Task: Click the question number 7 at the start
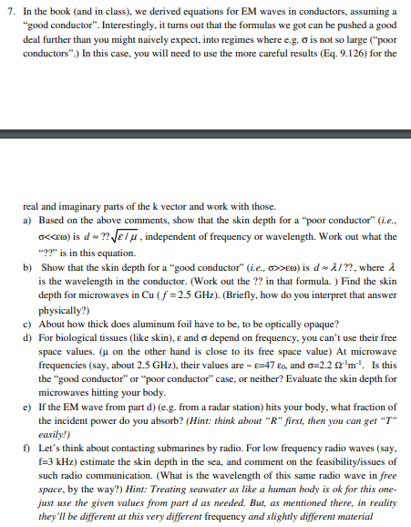coord(9,15)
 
